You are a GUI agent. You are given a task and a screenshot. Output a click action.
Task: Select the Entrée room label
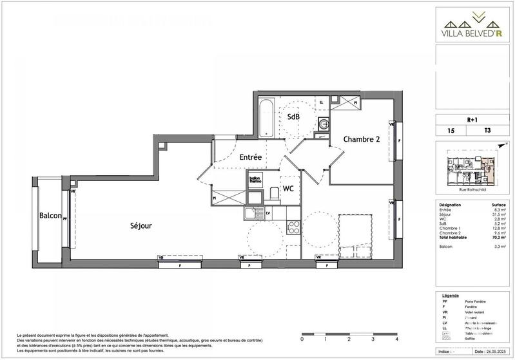click(249, 156)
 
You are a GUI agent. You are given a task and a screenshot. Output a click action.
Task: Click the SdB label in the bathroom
click(293, 117)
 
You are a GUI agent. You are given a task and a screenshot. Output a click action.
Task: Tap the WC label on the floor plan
click(288, 189)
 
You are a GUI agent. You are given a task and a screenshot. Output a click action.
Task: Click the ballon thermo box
click(255, 180)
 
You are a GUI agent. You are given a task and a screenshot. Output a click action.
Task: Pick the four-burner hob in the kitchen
click(292, 227)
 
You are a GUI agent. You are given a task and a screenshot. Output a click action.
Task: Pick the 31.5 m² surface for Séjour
click(497, 214)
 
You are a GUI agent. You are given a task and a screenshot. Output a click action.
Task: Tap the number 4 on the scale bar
click(397, 338)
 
